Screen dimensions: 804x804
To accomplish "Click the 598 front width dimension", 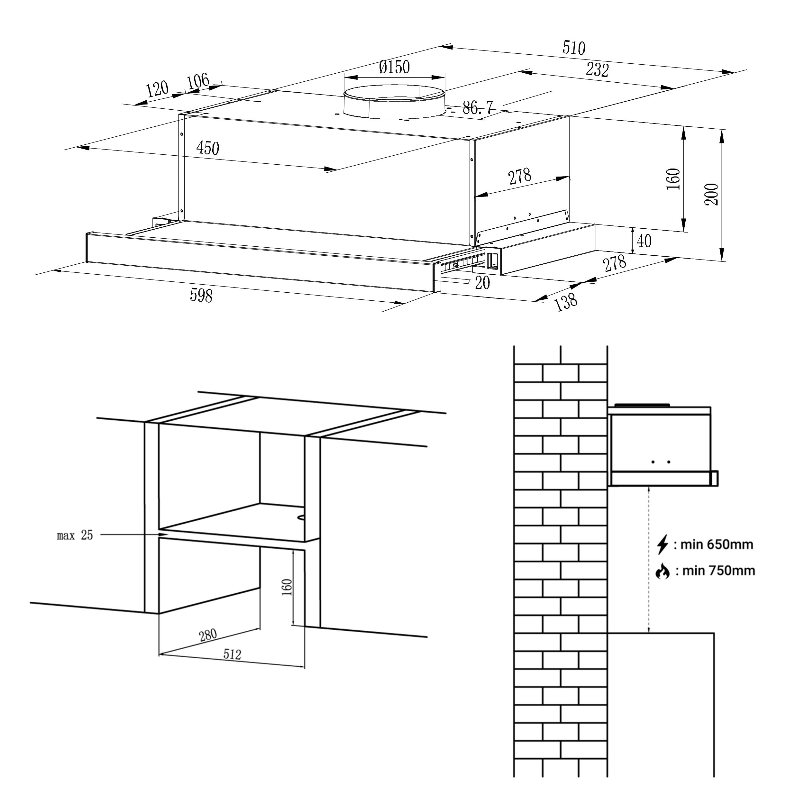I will [201, 296].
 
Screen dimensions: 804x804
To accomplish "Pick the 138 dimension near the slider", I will [566, 302].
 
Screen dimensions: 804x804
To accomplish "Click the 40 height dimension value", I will [644, 241].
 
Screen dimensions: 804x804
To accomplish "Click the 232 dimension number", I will [597, 70].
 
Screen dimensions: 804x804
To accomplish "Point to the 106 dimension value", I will [198, 81].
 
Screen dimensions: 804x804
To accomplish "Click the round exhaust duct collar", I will [394, 102].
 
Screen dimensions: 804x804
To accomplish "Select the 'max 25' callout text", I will [75, 535].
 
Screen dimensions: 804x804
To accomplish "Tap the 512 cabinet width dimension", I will [232, 654].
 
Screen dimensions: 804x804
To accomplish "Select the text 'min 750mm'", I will [719, 571].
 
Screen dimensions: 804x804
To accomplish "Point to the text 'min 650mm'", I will [717, 544].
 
